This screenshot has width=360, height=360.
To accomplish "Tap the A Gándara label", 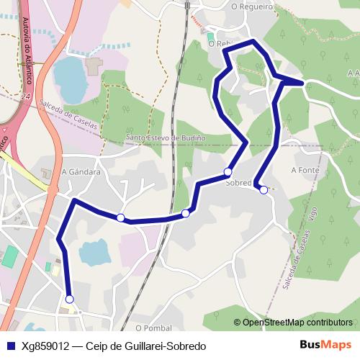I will (x=80, y=172).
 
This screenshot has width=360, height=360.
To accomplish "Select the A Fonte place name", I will (x=305, y=170).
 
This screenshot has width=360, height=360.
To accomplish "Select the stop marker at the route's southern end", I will (x=70, y=299).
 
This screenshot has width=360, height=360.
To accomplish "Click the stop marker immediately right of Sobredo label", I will (x=264, y=190).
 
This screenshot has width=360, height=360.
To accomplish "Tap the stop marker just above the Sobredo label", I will (x=228, y=171).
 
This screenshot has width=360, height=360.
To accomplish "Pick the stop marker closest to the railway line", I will (x=186, y=213).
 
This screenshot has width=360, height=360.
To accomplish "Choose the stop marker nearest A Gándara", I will (x=121, y=217).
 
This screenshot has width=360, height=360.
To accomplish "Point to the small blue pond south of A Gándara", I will (x=94, y=253).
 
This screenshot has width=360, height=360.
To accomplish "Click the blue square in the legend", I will (x=10, y=346).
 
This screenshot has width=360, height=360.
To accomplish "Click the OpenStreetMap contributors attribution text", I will (x=297, y=323).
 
